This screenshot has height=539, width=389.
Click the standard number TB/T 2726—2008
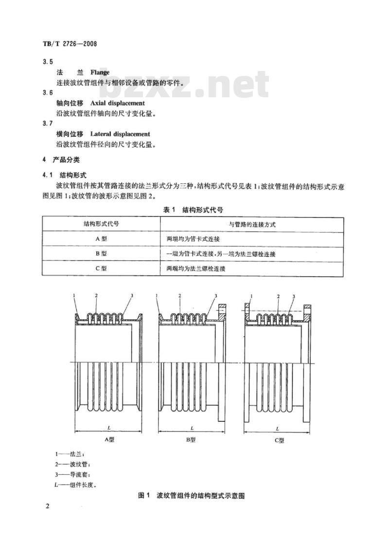point(70,44)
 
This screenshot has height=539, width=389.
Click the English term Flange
point(100,72)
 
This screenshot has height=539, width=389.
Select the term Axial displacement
point(118,103)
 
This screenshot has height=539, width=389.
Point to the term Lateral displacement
point(120,134)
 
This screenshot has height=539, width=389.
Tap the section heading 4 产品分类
point(61,160)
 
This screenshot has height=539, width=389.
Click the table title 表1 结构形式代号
point(193,210)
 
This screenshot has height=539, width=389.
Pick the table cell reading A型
point(101,238)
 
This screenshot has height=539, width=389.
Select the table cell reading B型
point(101,253)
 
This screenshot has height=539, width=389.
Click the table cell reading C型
point(101,268)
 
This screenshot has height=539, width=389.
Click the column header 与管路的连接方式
point(252,224)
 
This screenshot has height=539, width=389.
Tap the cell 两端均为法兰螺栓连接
point(196,269)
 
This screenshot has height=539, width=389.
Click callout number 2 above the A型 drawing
point(96,295)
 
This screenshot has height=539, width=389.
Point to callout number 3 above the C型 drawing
point(294,296)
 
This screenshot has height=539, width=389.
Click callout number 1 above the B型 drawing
point(157,295)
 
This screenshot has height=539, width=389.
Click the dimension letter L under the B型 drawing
point(192,428)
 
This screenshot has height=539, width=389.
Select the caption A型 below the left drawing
point(109,439)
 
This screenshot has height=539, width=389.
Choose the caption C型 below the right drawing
point(279,440)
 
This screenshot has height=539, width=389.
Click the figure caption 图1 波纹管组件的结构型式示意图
point(191,496)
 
